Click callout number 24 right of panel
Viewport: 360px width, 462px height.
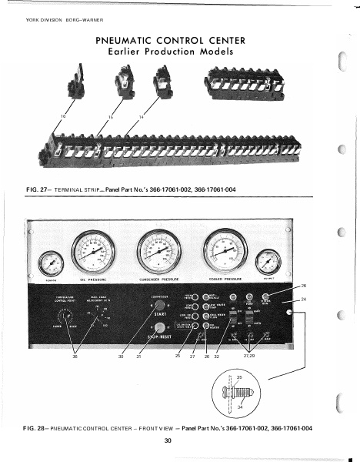(303, 298)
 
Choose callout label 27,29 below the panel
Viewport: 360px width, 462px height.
(248, 356)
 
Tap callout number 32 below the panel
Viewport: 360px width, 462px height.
(218, 356)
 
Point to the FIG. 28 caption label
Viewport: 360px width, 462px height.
(38, 427)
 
